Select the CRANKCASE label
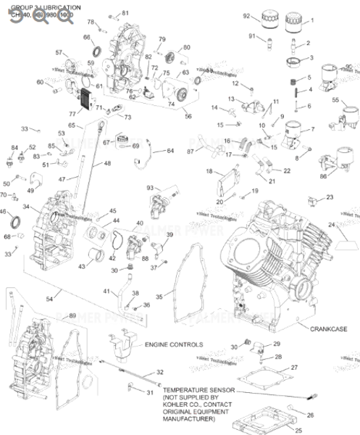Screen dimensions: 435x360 tap(330, 328)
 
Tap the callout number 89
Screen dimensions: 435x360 tap(72, 315)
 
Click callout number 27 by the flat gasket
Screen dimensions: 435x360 tap(294, 368)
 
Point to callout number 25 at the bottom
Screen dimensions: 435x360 tap(237, 430)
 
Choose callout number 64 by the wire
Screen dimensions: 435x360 tap(170, 151)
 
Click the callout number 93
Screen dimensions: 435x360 tap(151, 188)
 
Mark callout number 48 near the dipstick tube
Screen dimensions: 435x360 tap(107, 164)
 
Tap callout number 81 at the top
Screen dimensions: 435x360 tap(125, 13)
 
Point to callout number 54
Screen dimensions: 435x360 tap(49, 299)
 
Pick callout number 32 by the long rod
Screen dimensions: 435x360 tap(160, 372)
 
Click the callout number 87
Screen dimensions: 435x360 tap(191, 152)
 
